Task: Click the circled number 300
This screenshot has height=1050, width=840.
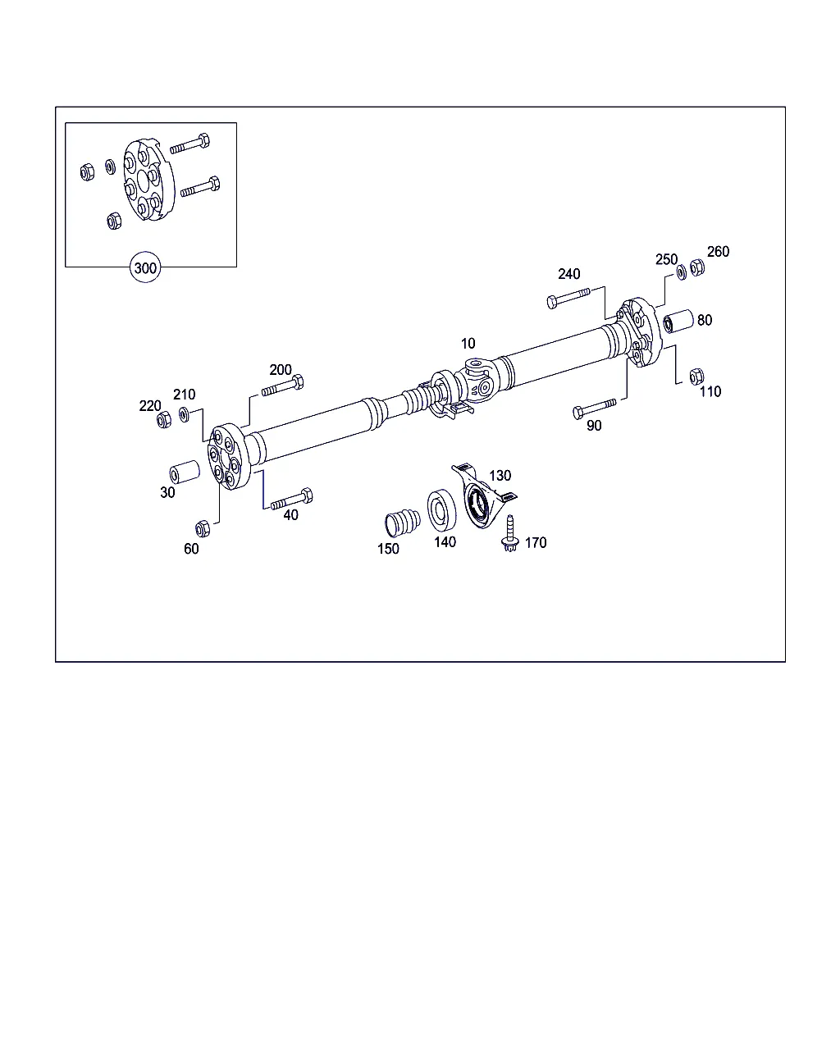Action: (145, 267)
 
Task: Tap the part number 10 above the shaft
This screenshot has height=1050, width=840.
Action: (468, 344)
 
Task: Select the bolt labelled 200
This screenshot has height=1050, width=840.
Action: (283, 386)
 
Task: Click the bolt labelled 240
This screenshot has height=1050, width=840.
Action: (568, 297)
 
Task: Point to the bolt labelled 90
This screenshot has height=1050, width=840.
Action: (594, 408)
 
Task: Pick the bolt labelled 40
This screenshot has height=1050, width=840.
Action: (292, 499)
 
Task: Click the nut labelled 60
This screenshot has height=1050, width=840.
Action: (203, 529)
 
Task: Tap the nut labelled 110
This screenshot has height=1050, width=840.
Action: (696, 377)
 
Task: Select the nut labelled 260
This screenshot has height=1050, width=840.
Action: (697, 267)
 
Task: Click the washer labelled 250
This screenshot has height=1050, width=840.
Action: (682, 272)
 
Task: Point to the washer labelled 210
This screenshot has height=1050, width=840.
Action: (184, 414)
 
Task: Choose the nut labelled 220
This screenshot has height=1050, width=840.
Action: (164, 420)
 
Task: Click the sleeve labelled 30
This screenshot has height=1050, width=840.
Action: (185, 472)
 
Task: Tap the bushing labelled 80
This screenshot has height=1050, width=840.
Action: (678, 321)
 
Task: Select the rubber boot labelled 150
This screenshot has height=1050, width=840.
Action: (402, 523)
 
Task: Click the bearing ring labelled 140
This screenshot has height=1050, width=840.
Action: (441, 510)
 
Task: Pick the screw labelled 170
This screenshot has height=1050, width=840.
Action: (509, 534)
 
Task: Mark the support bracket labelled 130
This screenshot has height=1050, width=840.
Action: (482, 496)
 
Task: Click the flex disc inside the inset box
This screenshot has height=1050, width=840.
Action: (148, 179)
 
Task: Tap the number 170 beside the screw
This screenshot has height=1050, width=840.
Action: (536, 542)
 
